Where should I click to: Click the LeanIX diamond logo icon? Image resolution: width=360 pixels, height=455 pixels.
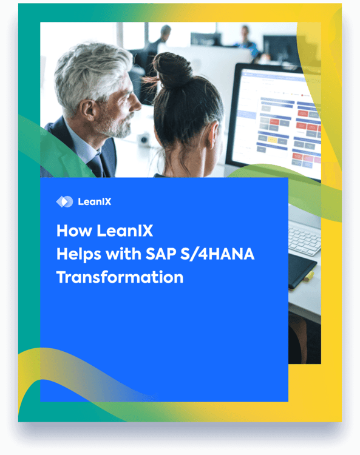pos(64,201)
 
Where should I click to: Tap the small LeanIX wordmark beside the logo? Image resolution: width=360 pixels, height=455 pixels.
pos(95,202)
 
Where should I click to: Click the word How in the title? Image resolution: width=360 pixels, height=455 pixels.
pos(73,231)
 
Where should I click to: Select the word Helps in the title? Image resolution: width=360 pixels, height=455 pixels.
pos(78,254)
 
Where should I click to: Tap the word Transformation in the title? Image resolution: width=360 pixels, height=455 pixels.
pos(120,277)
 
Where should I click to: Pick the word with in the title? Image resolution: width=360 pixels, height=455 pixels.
pos(124,254)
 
